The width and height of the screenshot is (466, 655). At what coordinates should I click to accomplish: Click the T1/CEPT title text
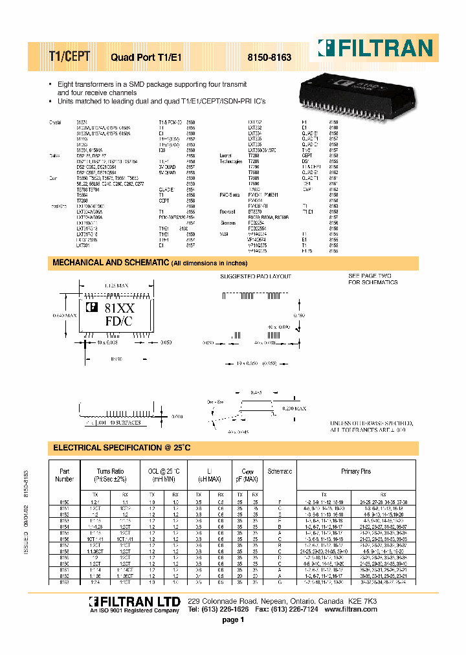[x=69, y=56]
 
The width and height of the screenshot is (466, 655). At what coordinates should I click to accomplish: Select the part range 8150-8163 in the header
[x=270, y=58]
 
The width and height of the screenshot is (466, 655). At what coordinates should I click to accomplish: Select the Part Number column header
[x=63, y=476]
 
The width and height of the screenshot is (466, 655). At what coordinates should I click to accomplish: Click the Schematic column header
[x=280, y=472]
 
